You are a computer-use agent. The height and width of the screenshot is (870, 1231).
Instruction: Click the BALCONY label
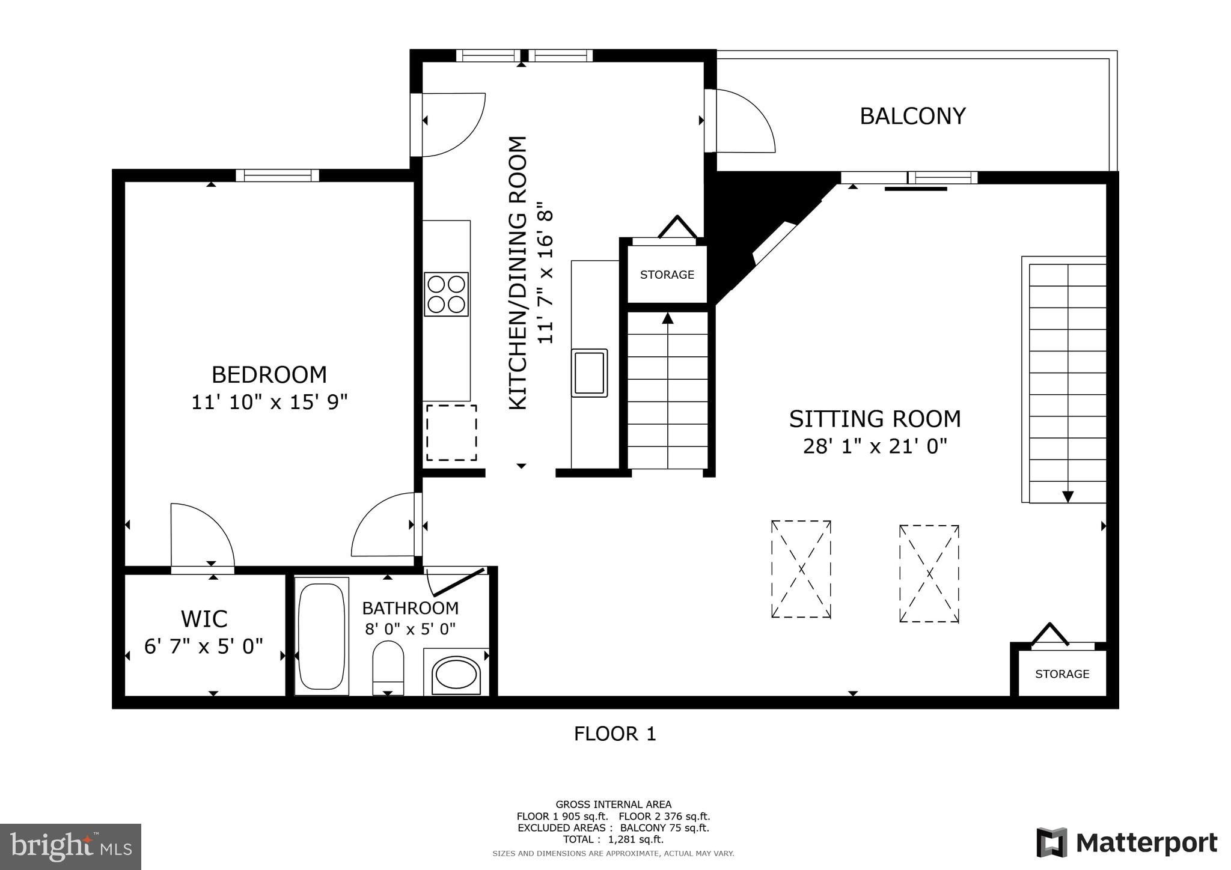pos(912,116)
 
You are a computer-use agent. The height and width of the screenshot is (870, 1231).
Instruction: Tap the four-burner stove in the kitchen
pos(446,294)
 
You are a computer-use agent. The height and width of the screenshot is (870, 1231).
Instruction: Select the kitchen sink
pos(589,373)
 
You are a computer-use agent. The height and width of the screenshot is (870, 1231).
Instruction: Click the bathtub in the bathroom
pos(322,636)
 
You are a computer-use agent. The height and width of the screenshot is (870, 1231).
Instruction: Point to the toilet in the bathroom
pos(388,667)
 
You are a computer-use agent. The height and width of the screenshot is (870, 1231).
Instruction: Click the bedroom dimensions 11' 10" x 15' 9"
pos(269,402)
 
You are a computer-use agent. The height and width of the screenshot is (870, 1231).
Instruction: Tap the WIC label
pos(204,619)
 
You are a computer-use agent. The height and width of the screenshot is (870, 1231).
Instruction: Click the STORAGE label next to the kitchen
pos(667,275)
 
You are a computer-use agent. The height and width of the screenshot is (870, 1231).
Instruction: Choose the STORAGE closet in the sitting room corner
pos(1062,674)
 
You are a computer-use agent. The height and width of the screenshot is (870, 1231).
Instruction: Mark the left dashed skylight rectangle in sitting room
pos(801,569)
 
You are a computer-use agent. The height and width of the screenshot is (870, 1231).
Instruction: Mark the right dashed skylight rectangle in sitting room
pos(929,574)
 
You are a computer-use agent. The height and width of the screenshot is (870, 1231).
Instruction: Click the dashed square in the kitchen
pos(451,433)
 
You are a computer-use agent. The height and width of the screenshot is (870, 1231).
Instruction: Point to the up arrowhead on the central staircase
pos(667,318)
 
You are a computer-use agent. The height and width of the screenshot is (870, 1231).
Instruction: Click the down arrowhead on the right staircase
pos(1068,496)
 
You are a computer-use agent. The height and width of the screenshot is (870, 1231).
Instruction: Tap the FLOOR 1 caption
pos(615,734)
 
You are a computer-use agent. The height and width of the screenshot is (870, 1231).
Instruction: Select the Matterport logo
pos(1126,843)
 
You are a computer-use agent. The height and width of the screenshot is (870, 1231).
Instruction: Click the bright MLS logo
pos(70,847)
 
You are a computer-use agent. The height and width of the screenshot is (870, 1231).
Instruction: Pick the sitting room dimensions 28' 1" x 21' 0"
pos(875,446)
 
